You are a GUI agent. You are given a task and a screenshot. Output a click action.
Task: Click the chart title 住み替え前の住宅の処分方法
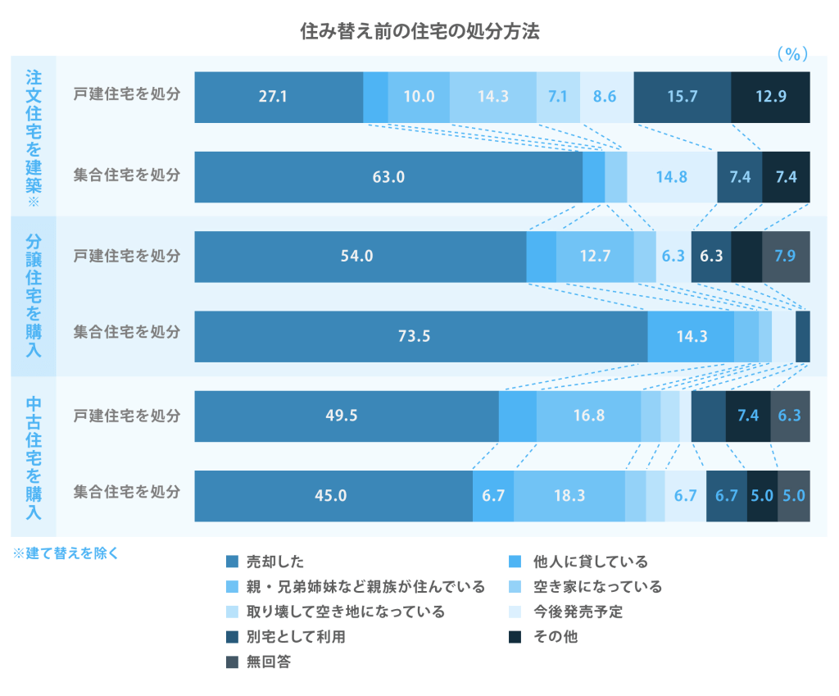pyautogui.click(x=419, y=32)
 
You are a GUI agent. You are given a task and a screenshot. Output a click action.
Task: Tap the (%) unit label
pyautogui.click(x=791, y=54)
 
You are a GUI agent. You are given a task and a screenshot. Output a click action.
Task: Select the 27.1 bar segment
pyautogui.click(x=279, y=97)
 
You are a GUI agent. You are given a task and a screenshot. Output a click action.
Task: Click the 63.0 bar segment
pyautogui.click(x=388, y=176)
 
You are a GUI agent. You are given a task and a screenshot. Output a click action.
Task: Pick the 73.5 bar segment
pyautogui.click(x=420, y=335)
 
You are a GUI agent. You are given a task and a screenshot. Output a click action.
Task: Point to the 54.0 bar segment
pyautogui.click(x=360, y=256)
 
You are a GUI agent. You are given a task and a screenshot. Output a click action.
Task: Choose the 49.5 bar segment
pyautogui.click(x=346, y=416)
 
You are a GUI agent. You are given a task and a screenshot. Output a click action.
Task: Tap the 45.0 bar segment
pyautogui.click(x=333, y=495)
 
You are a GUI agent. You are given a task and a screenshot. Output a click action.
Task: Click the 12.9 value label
pyautogui.click(x=770, y=97)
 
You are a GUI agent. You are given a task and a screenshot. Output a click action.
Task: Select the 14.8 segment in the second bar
pyautogui.click(x=672, y=176)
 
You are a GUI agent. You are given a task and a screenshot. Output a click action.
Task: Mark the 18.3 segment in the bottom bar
pyautogui.click(x=569, y=495)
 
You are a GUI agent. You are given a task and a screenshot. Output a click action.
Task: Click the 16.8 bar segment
pyautogui.click(x=588, y=416)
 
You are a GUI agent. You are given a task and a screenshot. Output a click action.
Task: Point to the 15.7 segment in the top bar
pyautogui.click(x=682, y=97)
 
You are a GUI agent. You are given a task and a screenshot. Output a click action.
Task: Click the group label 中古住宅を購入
pyautogui.click(x=34, y=457)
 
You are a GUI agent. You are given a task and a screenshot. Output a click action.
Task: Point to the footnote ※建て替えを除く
pyautogui.click(x=66, y=553)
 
